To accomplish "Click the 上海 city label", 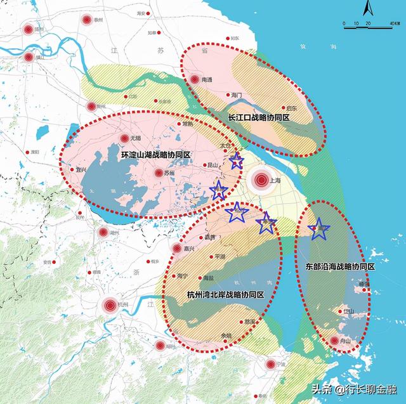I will (275, 180).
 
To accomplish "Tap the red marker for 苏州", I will (158, 173).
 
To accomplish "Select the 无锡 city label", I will (134, 138).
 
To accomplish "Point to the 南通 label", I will (207, 81).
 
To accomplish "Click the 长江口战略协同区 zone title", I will (259, 118).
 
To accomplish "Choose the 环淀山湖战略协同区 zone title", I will (156, 155).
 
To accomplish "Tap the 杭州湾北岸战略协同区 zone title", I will (226, 295).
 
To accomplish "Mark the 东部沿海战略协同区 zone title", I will (340, 267).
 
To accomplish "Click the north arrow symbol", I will (367, 8).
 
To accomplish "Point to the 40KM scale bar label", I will (384, 24).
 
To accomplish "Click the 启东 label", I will (292, 108).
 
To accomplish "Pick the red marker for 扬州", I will (27, 29).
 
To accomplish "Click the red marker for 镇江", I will (28, 57).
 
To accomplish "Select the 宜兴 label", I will (81, 170).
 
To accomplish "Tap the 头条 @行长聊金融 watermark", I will (356, 388).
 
